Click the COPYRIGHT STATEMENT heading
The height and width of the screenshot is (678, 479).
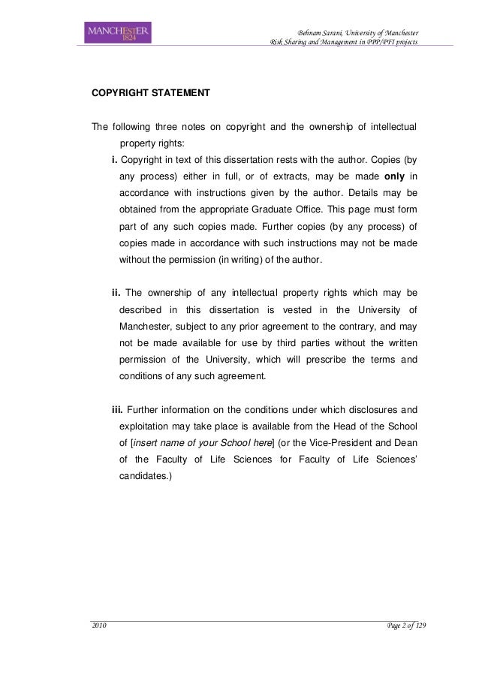(150, 96)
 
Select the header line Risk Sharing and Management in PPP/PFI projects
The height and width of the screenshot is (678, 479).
(339, 42)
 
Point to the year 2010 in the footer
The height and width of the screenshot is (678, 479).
(99, 627)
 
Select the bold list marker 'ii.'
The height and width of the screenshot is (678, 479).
(116, 291)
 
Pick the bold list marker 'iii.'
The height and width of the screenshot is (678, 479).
(118, 409)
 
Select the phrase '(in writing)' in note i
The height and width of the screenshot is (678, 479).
(238, 260)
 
